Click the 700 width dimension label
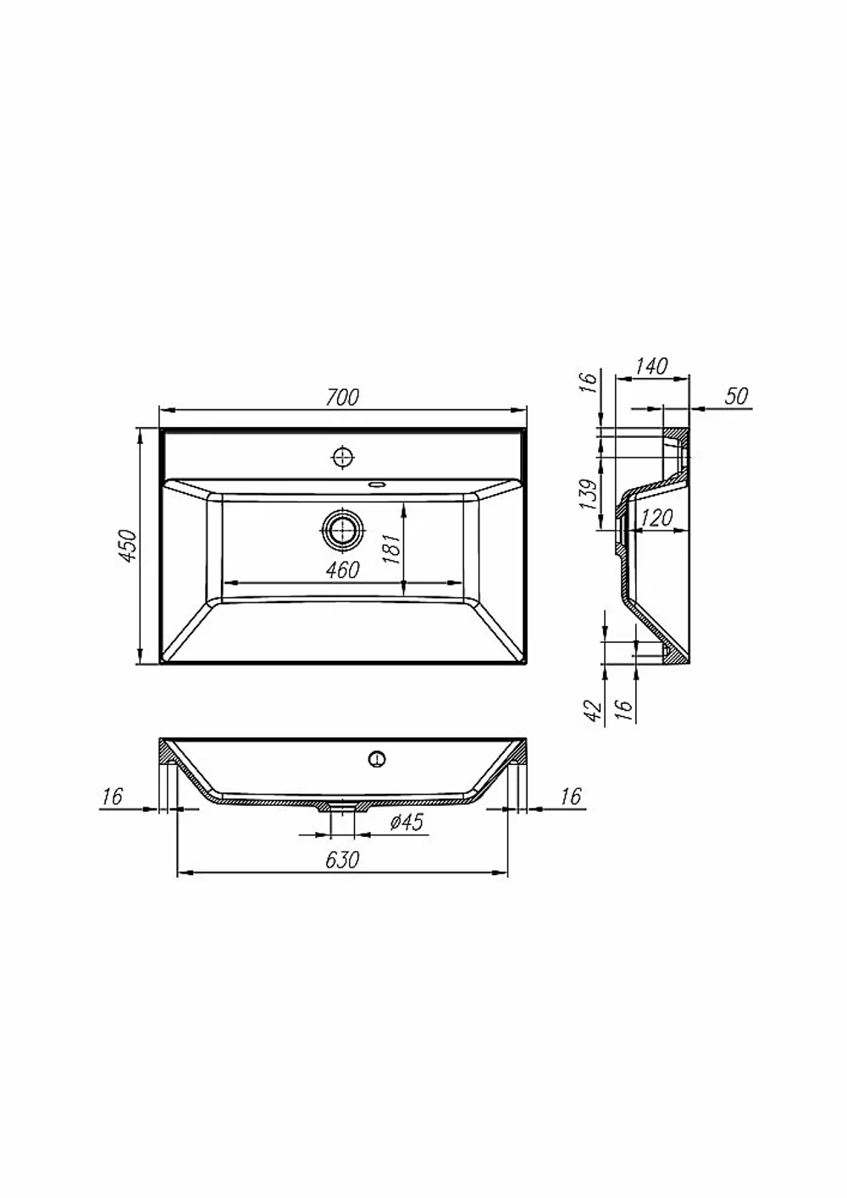point(343,397)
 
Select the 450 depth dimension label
point(129,546)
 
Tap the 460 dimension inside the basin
point(343,570)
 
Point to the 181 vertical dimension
point(392,548)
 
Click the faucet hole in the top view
point(342,457)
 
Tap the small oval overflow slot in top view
point(377,485)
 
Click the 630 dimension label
point(342,860)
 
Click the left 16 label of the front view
point(113,796)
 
